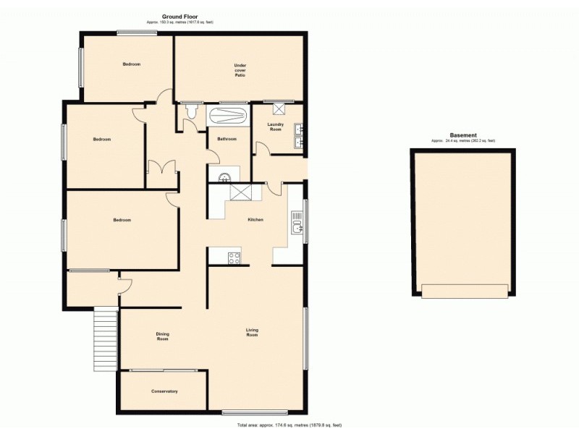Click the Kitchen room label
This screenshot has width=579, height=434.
255,219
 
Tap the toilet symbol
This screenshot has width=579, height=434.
191,112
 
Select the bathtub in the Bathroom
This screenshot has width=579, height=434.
228,115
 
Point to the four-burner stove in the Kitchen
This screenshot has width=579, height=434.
234,257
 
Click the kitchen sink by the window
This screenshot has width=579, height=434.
297,229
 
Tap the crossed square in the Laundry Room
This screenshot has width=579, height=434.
279,109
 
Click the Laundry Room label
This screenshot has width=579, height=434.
275,127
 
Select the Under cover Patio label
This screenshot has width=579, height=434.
240,70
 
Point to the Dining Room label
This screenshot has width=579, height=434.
163,336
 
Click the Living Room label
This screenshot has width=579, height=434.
252,333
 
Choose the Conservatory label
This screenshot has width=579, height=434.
164,391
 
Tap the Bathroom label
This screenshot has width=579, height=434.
227,139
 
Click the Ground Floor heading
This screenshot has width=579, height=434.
180,17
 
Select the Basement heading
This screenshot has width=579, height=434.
463,135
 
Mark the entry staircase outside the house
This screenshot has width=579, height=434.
106,339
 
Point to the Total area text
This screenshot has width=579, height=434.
289,425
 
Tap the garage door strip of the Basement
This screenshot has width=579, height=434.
464,291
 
